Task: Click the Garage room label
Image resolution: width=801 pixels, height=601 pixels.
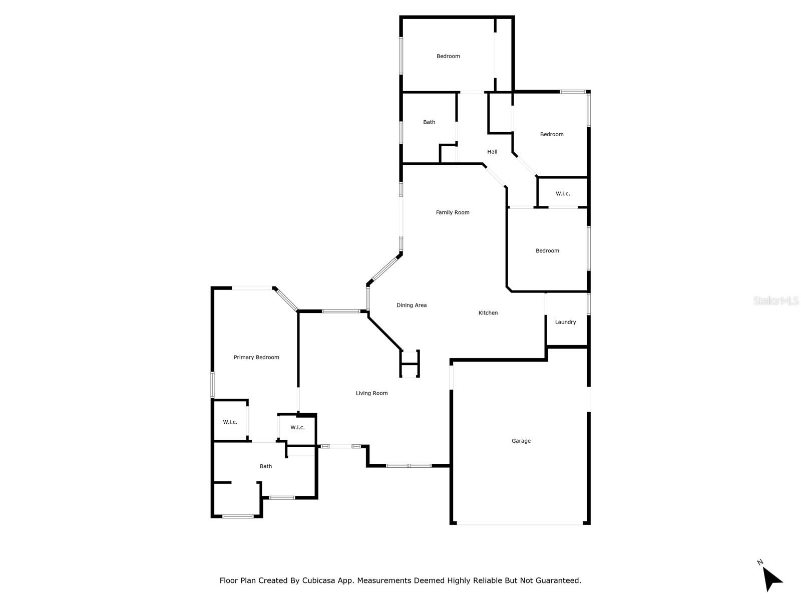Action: [x=521, y=441]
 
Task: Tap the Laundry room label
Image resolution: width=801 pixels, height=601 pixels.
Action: [x=565, y=322]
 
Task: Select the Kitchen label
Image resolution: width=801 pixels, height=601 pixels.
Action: [x=488, y=313]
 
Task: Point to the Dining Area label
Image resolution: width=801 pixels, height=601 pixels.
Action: [x=412, y=305]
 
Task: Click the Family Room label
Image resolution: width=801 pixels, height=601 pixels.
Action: [x=453, y=212]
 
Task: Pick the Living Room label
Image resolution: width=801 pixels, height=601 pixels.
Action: [x=371, y=393]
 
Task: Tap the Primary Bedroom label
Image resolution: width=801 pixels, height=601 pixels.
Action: [x=256, y=357]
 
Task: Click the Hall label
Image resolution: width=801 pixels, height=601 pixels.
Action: [x=492, y=152]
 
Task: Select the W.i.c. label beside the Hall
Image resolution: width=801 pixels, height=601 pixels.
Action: [x=563, y=194]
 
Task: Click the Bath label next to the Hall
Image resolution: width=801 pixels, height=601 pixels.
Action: [x=429, y=122]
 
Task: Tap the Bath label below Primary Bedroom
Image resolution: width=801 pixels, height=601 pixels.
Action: [x=266, y=466]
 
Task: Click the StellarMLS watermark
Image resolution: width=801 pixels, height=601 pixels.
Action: [x=776, y=300]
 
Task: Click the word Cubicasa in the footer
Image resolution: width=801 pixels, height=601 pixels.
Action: [x=318, y=580]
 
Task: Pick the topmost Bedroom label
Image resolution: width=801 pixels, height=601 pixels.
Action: [x=448, y=56]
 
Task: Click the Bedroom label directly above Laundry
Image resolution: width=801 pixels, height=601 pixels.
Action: [x=547, y=251]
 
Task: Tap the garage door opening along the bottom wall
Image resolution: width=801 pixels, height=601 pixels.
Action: [x=520, y=523]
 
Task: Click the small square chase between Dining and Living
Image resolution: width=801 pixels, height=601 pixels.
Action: [x=410, y=364]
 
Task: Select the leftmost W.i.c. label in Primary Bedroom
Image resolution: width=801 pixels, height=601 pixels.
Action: [x=230, y=422]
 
